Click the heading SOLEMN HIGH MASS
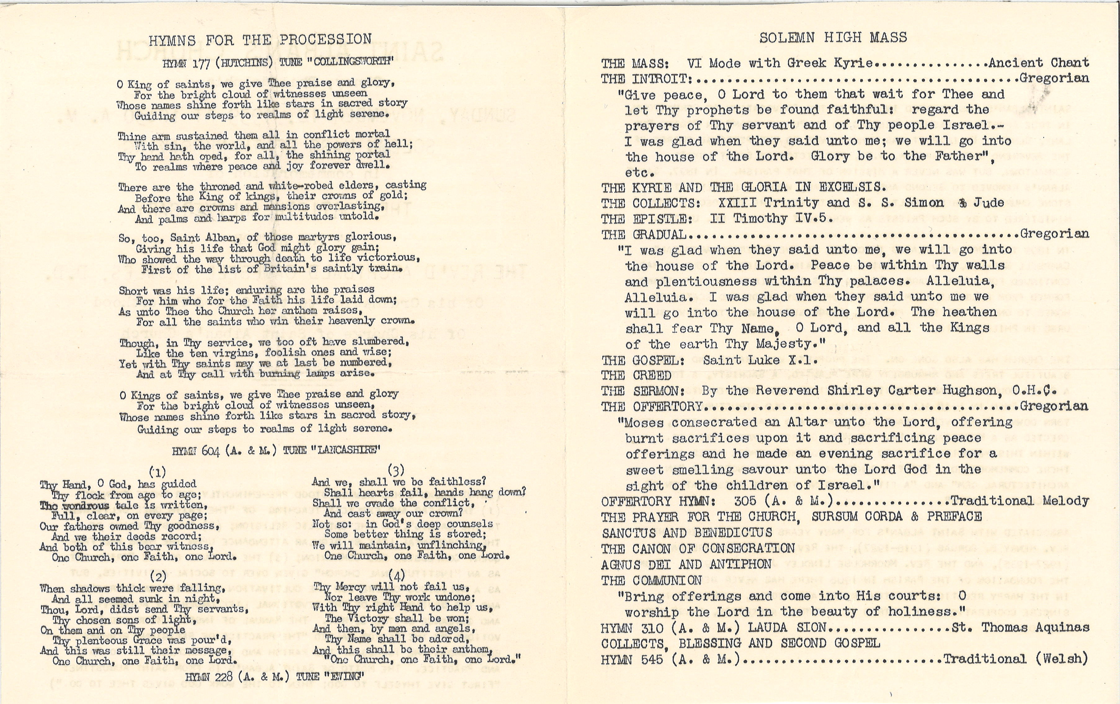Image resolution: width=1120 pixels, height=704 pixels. coord(833,38)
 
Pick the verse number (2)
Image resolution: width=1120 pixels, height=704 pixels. coord(159,577)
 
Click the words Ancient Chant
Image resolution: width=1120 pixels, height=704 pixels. coord(1039,63)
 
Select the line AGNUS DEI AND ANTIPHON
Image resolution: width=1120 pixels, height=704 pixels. coord(686,564)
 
